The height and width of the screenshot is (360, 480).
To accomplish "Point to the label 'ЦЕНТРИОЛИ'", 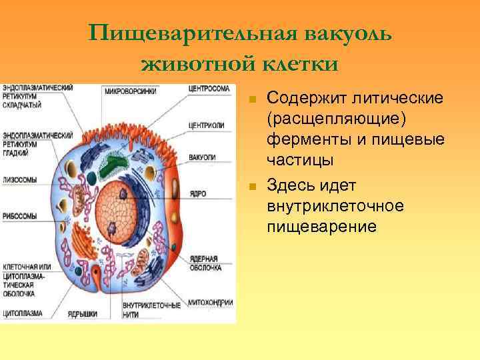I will (x=206, y=125).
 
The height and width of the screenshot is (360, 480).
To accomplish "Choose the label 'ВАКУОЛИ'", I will (x=201, y=157).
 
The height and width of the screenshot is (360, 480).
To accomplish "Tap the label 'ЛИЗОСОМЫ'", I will (x=19, y=179).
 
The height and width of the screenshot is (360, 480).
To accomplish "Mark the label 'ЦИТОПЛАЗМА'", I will (x=23, y=311).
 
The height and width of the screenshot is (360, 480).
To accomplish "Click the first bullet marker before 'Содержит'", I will (x=251, y=99).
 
